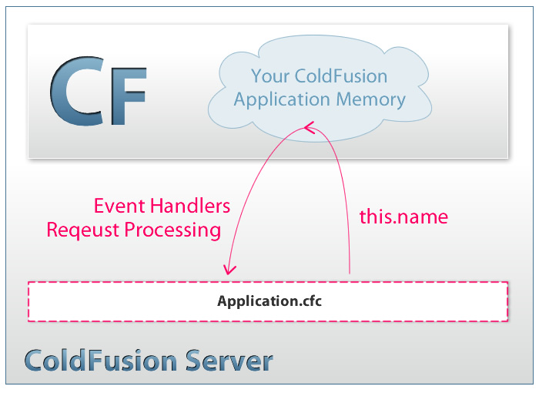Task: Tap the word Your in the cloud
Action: pos(269,76)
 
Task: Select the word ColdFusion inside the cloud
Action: pos(341,76)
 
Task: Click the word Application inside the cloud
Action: pos(282,100)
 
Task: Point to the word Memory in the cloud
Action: pos(371,100)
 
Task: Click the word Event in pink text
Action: pos(119,206)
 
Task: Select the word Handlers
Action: pos(190,206)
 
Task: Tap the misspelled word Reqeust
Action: pos(83,230)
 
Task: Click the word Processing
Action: pos(172,230)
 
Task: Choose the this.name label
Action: pos(403,217)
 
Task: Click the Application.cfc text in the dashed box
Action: pos(269,301)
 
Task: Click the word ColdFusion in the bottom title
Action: pos(101,361)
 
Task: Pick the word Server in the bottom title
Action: pos(229,361)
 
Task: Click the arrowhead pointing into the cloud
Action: pos(309,127)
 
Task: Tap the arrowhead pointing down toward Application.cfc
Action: pos(229,269)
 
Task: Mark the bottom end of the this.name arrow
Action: pos(350,274)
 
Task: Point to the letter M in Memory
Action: pos(345,99)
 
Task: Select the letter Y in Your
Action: pos(256,76)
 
